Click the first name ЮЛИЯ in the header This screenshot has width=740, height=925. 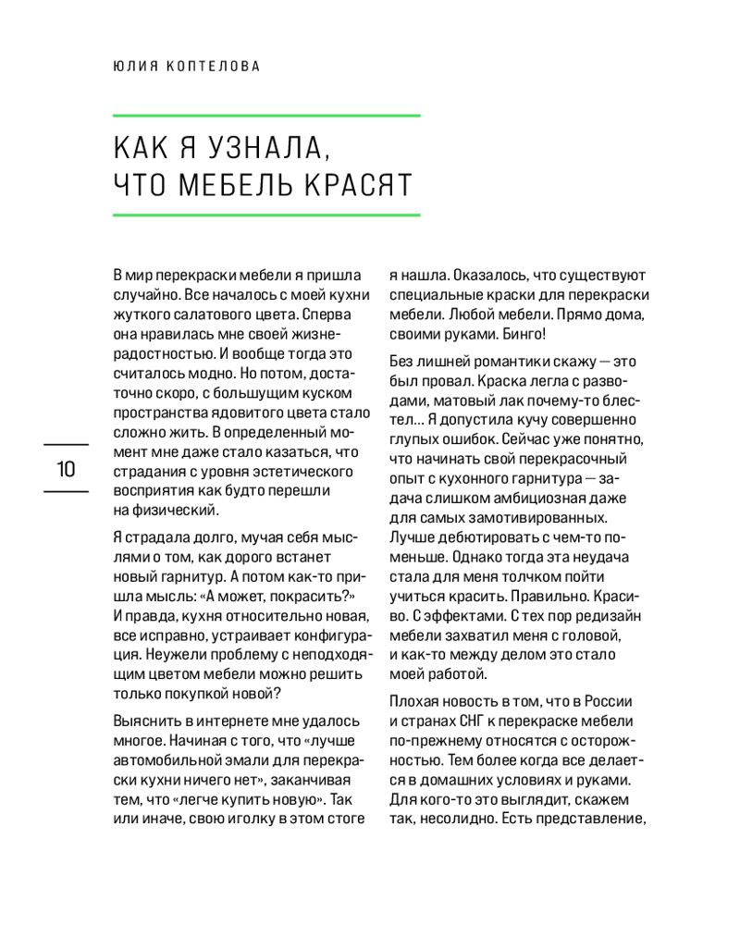132,67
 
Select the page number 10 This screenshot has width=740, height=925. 66,468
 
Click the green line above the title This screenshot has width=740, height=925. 266,116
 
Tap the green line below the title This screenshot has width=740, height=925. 266,215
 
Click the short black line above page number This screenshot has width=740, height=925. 66,445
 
